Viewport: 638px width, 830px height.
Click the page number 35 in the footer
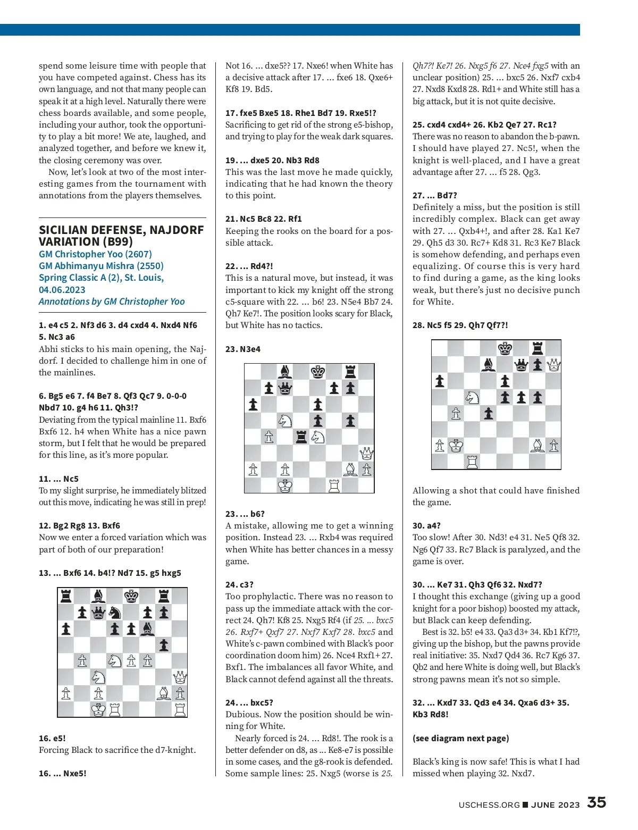point(596,803)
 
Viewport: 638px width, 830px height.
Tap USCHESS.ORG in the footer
point(489,805)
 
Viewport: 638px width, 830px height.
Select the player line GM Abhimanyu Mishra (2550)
point(101,266)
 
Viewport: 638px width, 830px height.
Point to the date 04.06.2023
point(62,290)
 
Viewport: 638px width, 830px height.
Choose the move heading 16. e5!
point(52,738)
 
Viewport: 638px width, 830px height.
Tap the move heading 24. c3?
point(239,584)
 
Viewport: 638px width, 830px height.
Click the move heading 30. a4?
point(426,525)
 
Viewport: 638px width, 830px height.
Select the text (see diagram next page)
point(460,738)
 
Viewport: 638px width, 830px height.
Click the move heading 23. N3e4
point(242,349)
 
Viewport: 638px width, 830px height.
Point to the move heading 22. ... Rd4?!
point(249,266)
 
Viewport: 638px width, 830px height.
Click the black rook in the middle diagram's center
point(301,437)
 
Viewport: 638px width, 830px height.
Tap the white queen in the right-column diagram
point(553,364)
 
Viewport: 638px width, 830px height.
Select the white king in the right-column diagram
point(456,446)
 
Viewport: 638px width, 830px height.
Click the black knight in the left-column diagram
point(114,613)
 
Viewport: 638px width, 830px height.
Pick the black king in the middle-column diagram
point(318,372)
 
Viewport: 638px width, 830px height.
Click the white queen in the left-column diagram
point(180,677)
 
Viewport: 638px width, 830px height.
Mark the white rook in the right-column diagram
point(472,462)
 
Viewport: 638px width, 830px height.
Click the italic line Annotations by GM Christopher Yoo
point(112,301)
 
